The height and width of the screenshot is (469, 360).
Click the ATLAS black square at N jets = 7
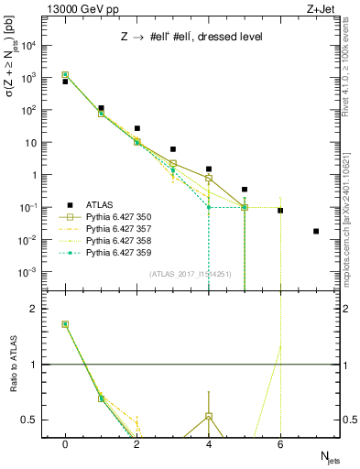pos(316,231)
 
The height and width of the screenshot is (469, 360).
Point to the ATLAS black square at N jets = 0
pos(65,82)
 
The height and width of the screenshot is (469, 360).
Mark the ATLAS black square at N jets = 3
pos(172,149)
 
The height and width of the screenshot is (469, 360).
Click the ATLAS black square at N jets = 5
pos(245,190)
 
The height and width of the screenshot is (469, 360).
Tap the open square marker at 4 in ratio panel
pos(209,416)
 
